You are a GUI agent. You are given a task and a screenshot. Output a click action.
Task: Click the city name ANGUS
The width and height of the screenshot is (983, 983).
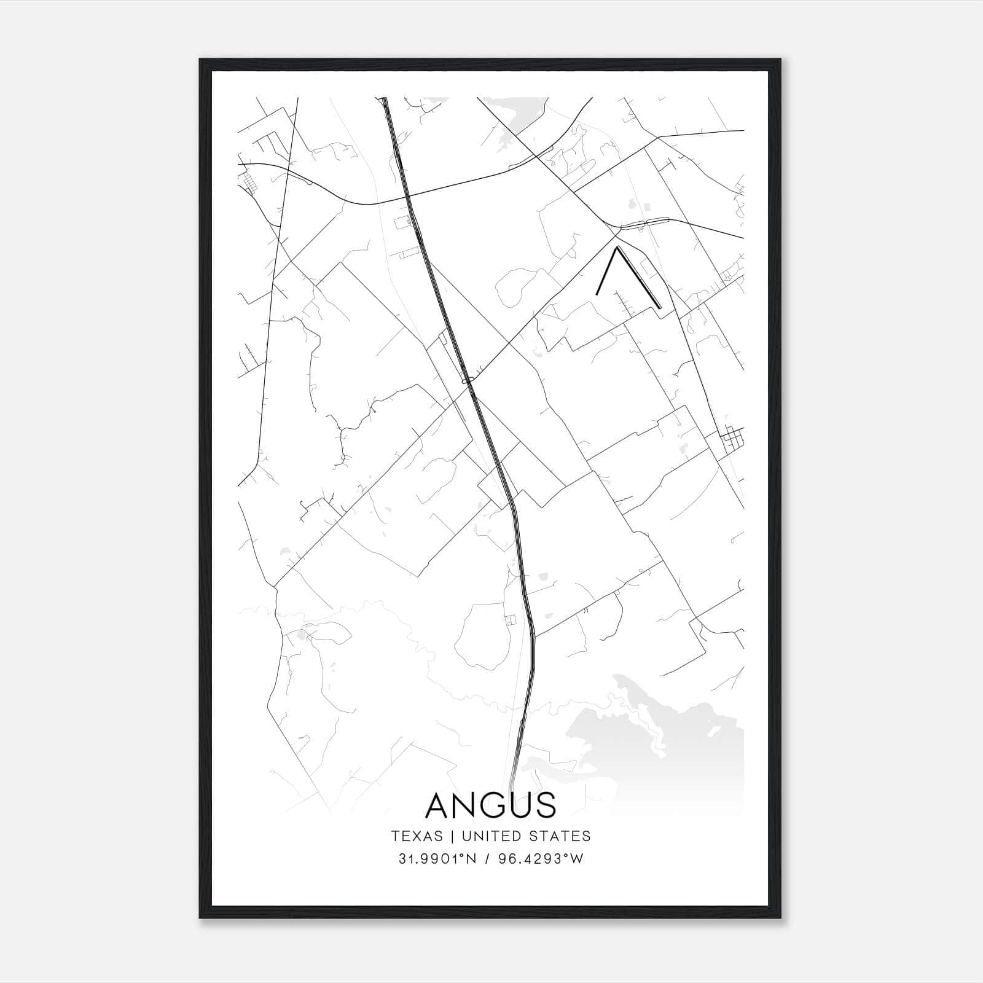(x=491, y=805)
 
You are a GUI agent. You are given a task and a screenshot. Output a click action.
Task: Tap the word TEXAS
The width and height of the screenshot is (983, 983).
(x=417, y=836)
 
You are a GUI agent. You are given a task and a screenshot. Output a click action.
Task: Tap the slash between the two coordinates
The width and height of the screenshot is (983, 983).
(x=487, y=859)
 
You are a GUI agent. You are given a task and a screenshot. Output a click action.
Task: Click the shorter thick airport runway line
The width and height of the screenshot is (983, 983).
(x=606, y=272)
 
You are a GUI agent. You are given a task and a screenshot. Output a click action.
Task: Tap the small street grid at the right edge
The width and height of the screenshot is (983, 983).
(x=732, y=438)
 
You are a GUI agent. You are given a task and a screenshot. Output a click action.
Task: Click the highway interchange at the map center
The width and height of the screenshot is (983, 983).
(x=469, y=381)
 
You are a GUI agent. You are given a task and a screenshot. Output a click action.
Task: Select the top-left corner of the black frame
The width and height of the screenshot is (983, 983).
(x=201, y=60)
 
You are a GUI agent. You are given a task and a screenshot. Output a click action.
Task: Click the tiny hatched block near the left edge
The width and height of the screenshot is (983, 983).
(x=249, y=183)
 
